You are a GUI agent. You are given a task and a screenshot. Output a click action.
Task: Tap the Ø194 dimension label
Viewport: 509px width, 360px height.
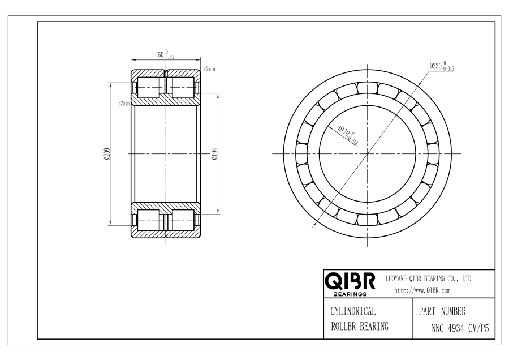point(214,154)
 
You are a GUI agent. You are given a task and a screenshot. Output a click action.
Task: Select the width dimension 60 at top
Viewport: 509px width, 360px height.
point(166,55)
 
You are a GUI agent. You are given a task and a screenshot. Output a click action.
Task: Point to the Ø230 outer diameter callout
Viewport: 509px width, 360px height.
point(442,66)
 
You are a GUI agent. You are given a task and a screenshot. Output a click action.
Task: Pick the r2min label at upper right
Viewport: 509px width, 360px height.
point(209,69)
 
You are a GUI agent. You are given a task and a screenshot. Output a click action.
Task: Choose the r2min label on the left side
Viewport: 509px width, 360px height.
point(124,104)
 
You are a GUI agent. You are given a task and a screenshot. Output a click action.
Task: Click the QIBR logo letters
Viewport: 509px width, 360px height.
point(350,281)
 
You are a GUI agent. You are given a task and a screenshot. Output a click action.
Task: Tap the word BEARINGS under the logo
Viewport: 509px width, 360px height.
point(350,294)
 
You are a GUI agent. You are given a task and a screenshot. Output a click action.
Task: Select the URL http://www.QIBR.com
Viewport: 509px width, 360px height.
point(422,290)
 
